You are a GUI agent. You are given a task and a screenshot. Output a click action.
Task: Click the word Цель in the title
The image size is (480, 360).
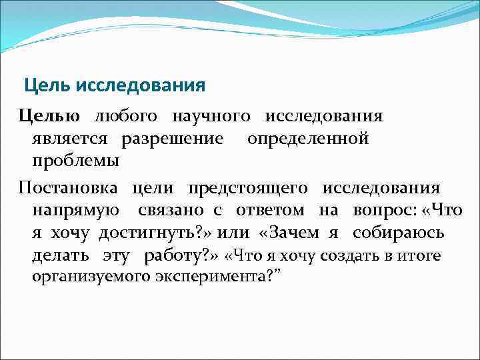(47, 86)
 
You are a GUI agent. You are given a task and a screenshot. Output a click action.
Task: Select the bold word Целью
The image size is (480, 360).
(49, 116)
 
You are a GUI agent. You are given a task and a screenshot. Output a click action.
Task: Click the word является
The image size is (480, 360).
(71, 139)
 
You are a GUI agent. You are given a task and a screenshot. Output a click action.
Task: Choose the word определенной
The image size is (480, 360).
(308, 139)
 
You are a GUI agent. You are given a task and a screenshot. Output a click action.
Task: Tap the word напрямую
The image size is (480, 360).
(75, 211)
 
